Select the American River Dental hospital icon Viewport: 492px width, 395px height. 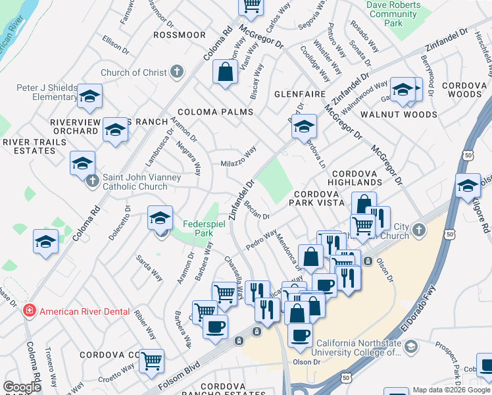click(x=29, y=311)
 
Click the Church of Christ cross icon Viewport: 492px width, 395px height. click(x=176, y=72)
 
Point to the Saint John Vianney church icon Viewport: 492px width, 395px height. click(x=92, y=180)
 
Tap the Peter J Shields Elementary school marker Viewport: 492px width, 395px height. click(x=89, y=97)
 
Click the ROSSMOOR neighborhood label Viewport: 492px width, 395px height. click(x=180, y=34)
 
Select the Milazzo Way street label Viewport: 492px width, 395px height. click(x=237, y=161)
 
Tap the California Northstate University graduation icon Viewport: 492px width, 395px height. click(x=410, y=346)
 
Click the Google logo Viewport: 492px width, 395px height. click(x=22, y=387)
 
